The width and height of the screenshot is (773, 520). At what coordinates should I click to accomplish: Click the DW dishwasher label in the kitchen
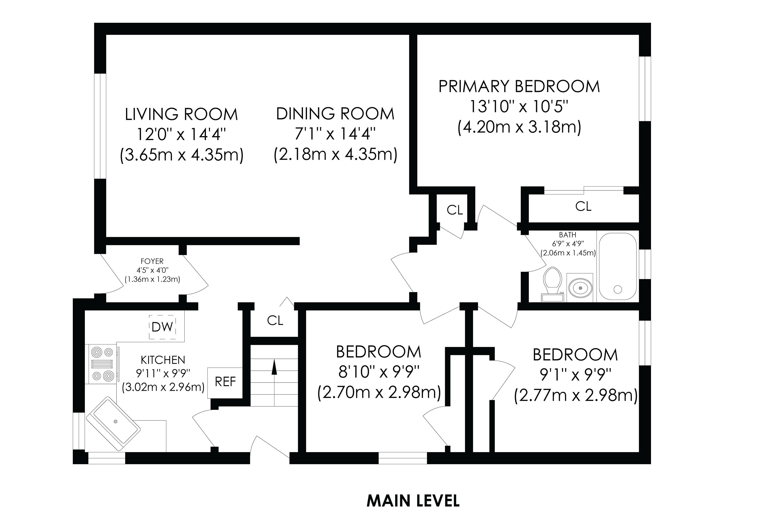162,327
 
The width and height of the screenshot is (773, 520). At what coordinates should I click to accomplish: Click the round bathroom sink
580,288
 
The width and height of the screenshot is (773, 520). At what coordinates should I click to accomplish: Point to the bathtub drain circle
617,289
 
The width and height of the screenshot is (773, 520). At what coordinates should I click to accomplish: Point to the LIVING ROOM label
181,114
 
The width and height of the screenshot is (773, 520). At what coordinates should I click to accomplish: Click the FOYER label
152,261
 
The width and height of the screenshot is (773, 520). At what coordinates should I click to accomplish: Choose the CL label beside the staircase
275,320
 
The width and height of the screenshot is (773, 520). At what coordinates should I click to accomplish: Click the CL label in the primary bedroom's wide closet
583,206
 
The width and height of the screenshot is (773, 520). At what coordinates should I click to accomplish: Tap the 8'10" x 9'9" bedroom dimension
379,372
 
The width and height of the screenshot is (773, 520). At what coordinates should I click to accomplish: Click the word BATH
567,235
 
